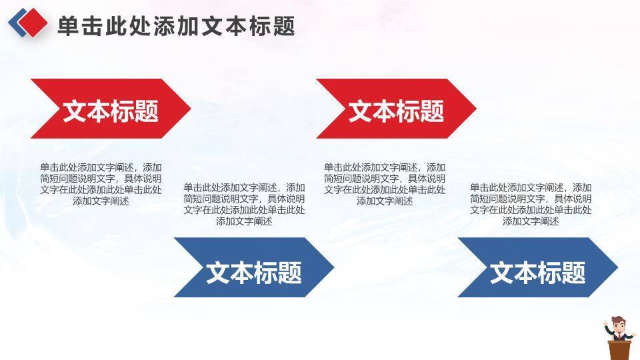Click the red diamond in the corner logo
point(33,23)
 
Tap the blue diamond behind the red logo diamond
point(15,23)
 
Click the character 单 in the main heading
point(68,26)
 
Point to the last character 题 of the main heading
point(284,26)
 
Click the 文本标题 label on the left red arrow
point(111,111)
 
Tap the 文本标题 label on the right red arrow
point(396,111)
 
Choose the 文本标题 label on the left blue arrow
point(254,273)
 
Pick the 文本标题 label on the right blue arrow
point(538,273)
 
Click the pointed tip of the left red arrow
point(191,109)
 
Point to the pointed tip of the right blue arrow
point(617,267)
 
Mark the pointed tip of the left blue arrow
point(334,267)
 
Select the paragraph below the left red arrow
point(101,184)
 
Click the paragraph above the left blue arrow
point(244,205)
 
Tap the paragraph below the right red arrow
point(385,184)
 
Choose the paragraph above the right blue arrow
point(531,205)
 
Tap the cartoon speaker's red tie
point(619,336)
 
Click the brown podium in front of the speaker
point(619,350)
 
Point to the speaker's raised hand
point(605,324)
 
